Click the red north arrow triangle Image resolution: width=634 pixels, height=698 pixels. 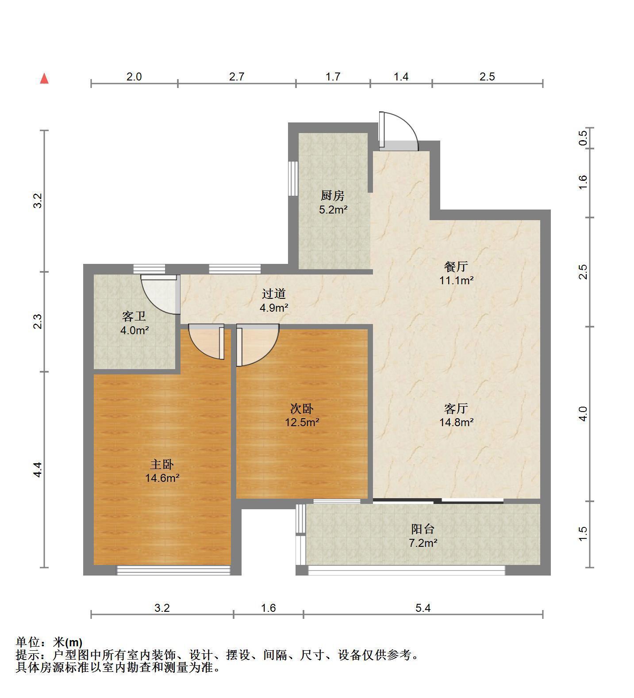coord(44,79)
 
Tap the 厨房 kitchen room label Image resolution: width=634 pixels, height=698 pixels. coord(333,195)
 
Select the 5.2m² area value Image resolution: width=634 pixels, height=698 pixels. coord(333,210)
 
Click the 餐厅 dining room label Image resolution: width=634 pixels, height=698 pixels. coord(456,267)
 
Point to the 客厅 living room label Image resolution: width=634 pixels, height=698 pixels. coord(456,408)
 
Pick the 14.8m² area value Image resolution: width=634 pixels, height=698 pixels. coord(456,422)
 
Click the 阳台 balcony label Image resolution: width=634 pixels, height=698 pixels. coord(423,529)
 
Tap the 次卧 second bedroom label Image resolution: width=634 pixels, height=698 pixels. coord(302,408)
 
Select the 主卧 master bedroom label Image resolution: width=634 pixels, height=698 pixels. coord(162,464)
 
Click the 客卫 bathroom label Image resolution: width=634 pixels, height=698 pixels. coord(134,316)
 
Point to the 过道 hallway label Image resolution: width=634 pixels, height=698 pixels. coord(274,294)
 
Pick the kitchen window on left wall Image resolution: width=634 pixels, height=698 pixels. coord(293,178)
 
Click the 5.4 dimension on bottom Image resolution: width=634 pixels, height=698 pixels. coord(423,608)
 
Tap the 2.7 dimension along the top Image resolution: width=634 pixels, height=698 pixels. coord(237,76)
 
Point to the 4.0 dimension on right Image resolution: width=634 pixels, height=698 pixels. coord(583,414)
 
